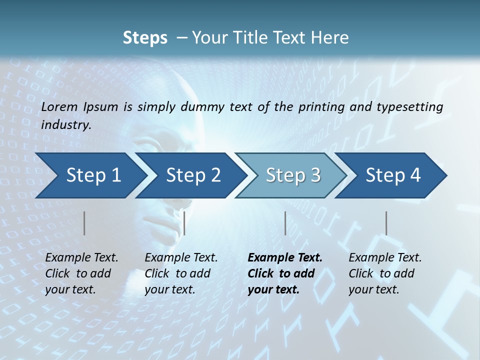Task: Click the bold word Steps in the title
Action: [x=145, y=38]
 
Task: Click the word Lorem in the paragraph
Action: [x=57, y=106]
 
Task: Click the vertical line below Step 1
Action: [x=84, y=223]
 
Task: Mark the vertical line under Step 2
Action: [x=184, y=223]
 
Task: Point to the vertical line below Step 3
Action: [x=285, y=223]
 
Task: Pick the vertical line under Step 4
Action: [x=386, y=223]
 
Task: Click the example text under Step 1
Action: [x=81, y=273]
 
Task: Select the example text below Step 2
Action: [x=181, y=273]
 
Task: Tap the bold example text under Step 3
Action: [x=284, y=273]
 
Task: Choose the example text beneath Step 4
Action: [x=385, y=273]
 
